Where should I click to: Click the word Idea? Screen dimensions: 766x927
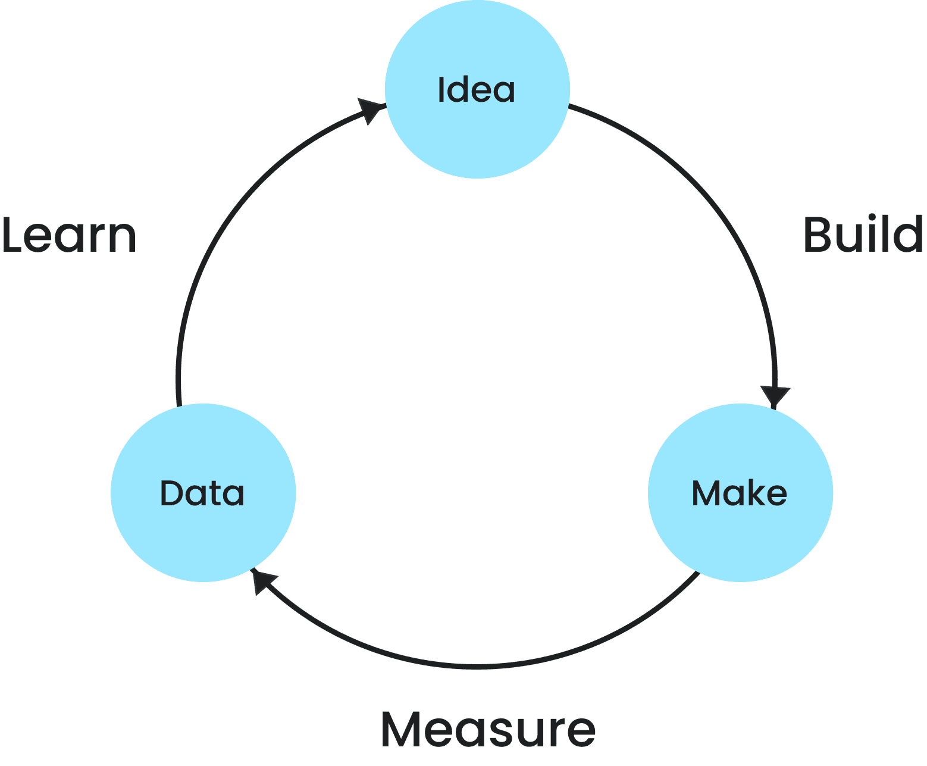(x=477, y=90)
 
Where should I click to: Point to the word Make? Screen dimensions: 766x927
(x=740, y=493)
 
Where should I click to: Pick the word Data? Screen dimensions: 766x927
(x=202, y=493)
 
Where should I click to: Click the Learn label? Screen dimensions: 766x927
(x=69, y=235)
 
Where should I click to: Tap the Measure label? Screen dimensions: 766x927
(x=488, y=729)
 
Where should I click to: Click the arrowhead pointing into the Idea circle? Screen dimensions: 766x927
(x=372, y=110)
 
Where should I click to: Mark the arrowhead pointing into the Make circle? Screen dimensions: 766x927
(x=775, y=396)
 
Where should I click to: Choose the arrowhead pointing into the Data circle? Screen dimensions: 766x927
(x=262, y=580)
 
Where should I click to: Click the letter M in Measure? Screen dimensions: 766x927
(x=402, y=729)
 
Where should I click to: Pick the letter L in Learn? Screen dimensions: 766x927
(x=13, y=235)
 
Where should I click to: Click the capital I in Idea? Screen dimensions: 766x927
(x=441, y=90)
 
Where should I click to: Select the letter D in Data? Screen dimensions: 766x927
(x=171, y=493)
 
